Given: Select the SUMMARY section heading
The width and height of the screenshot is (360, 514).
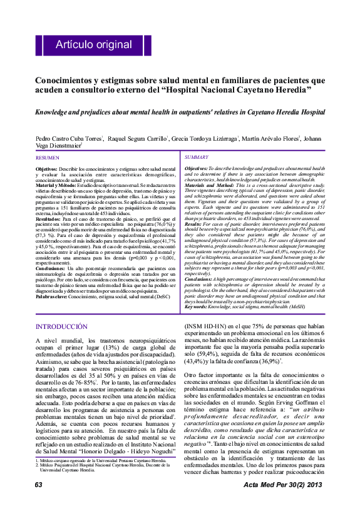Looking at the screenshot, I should pyautogui.click(x=197, y=157).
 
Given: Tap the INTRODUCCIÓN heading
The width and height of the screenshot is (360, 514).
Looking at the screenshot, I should pyautogui.click(x=61, y=327).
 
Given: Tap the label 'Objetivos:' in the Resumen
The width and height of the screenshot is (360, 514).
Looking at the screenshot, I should pyautogui.click(x=46, y=169).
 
